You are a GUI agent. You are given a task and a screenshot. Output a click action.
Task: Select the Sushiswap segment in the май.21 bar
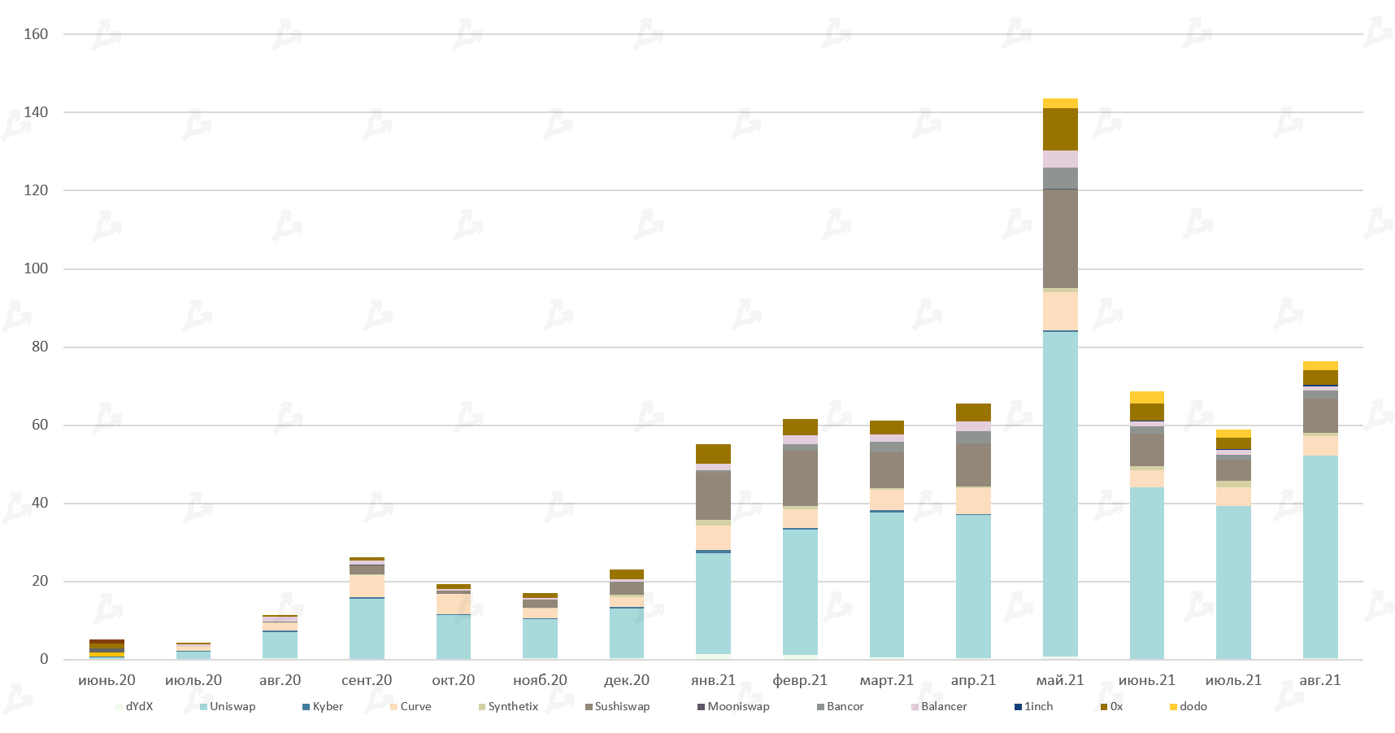[1060, 238]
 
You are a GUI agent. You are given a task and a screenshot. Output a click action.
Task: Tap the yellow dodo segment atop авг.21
[1320, 365]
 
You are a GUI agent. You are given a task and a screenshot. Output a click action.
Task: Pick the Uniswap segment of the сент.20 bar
[367, 628]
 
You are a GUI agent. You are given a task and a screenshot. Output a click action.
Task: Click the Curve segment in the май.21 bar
[1060, 311]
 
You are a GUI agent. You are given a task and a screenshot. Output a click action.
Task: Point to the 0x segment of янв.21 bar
[713, 454]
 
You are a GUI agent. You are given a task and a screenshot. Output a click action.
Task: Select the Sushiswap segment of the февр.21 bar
[800, 478]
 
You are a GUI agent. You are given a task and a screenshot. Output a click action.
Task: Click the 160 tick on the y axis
[36, 34]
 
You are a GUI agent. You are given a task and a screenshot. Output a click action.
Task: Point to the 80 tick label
[40, 347]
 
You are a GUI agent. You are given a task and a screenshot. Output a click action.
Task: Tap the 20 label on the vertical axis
[40, 581]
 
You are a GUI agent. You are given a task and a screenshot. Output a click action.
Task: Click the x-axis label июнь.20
[106, 680]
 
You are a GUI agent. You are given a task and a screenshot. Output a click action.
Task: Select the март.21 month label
[886, 680]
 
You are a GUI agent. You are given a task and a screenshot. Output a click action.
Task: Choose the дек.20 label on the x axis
[627, 680]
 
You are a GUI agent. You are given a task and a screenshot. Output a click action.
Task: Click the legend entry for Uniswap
[232, 706]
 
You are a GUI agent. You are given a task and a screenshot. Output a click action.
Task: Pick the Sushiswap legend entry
[621, 706]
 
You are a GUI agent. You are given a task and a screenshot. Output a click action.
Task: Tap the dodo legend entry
[1193, 706]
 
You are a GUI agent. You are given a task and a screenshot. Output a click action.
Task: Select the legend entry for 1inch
[1037, 706]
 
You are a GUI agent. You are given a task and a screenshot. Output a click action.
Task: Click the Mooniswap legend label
[737, 706]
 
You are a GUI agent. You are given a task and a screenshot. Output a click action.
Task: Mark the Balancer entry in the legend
[943, 706]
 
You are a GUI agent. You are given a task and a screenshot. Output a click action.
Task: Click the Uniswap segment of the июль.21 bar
[1233, 582]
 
